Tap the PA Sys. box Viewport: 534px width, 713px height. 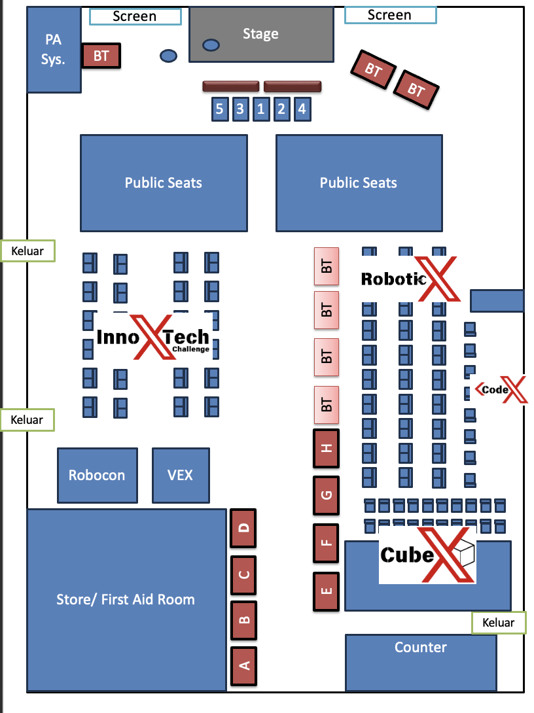pos(54,50)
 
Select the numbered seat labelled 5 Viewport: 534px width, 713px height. pos(220,109)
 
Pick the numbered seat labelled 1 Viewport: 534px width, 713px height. pos(260,109)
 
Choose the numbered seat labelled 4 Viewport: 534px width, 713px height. pos(302,109)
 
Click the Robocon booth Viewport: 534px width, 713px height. pos(97,475)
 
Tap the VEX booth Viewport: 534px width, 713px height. pos(181,475)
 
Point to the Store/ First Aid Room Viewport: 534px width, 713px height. pos(126,599)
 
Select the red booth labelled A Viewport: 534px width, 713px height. pos(244,666)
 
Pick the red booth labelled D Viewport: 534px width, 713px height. pos(244,528)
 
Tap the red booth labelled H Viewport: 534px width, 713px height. pos(327,448)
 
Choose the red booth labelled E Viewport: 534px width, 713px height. pos(327,591)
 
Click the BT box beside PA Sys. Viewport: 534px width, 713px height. pos(101,56)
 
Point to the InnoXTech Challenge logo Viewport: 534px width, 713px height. pos(154,338)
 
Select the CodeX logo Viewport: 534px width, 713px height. pos(501,389)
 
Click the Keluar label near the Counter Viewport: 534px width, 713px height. pos(498,623)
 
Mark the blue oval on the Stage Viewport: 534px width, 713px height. pos(211,45)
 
